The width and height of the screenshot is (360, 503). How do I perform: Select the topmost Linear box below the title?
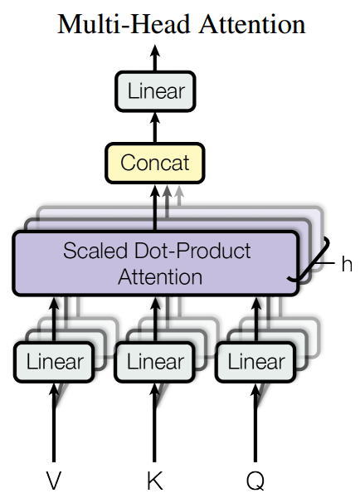tap(155, 90)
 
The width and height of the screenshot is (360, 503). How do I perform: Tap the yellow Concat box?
tap(155, 162)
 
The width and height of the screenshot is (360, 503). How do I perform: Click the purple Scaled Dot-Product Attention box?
tap(155, 263)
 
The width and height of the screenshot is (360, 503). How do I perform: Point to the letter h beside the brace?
tap(346, 264)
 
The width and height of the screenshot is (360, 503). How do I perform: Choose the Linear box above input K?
tap(155, 362)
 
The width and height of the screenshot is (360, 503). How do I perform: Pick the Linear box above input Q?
tap(256, 362)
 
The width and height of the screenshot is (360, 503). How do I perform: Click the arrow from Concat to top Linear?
tap(155, 125)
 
